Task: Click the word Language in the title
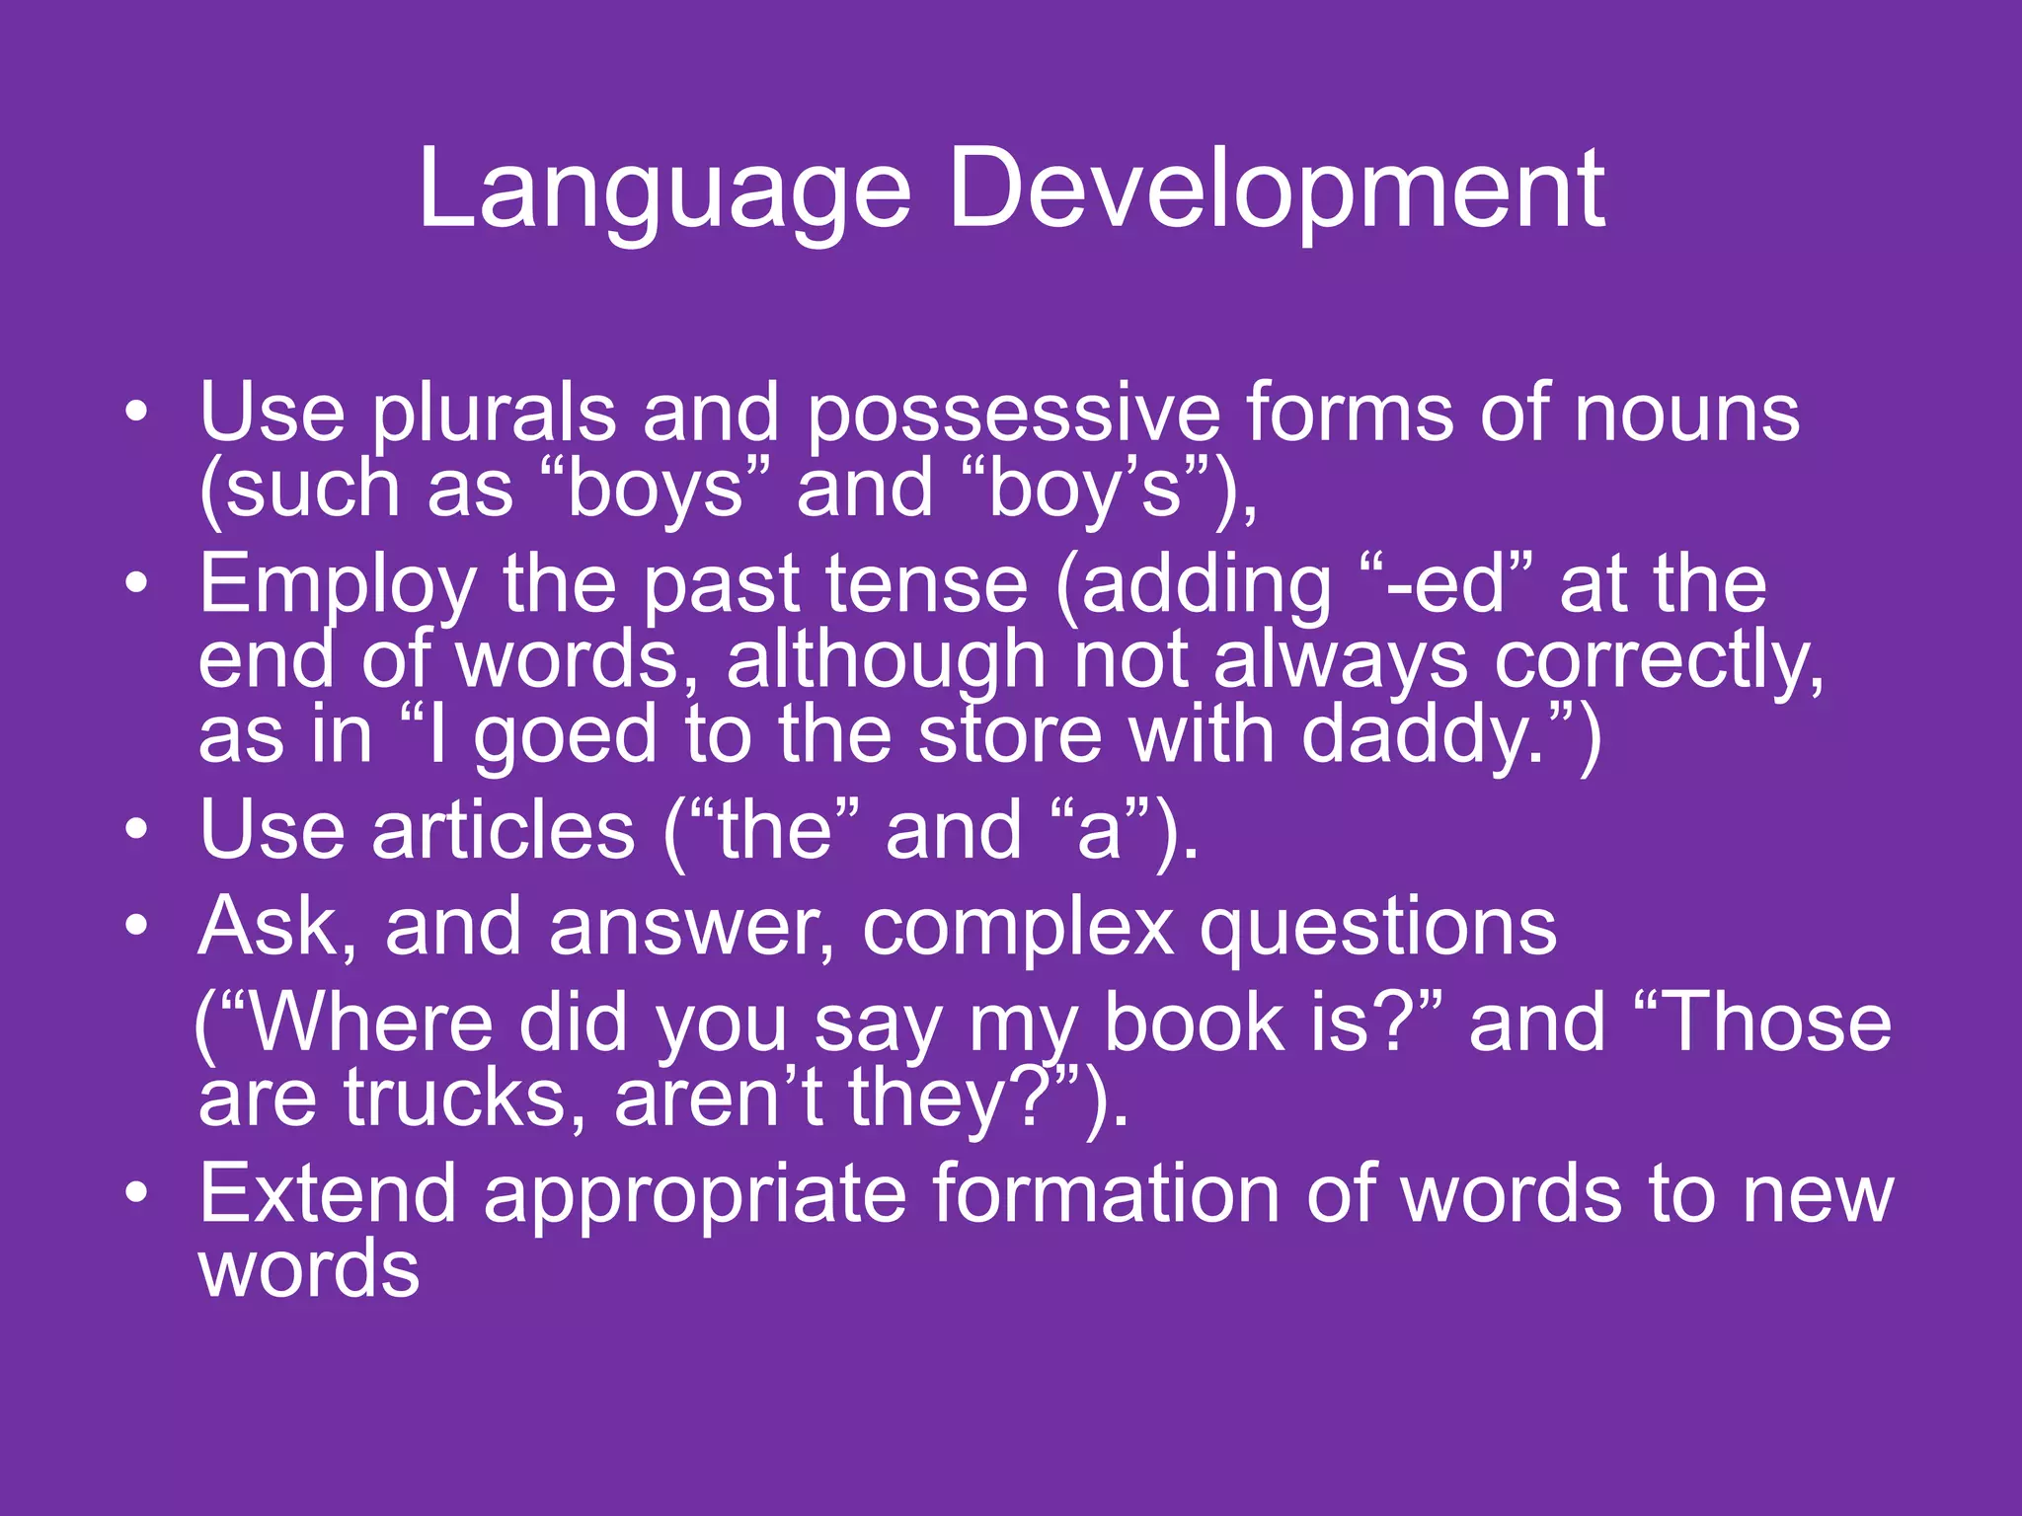coord(663,192)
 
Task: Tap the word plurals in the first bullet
coord(494,415)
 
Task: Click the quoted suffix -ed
coord(1447,584)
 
